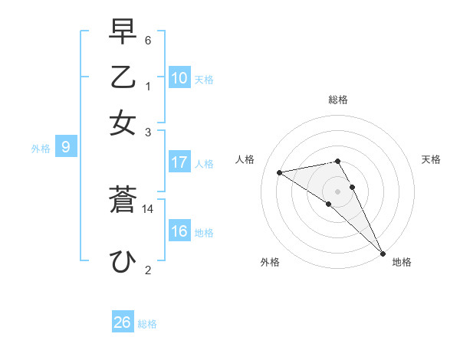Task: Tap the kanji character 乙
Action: pos(123,79)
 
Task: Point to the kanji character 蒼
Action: pos(123,201)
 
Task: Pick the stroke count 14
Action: pos(148,208)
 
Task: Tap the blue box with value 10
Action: pos(179,78)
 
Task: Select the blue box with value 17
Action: pos(179,162)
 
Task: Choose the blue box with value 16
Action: pos(179,231)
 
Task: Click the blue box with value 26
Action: pos(123,322)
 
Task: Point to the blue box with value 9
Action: pos(66,148)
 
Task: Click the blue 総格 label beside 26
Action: pos(147,324)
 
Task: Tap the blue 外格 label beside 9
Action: pos(41,149)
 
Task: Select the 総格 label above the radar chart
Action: pos(338,100)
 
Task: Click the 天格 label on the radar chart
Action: pos(431,159)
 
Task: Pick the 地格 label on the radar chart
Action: pos(402,262)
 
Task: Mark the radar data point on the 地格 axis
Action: pos(383,253)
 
